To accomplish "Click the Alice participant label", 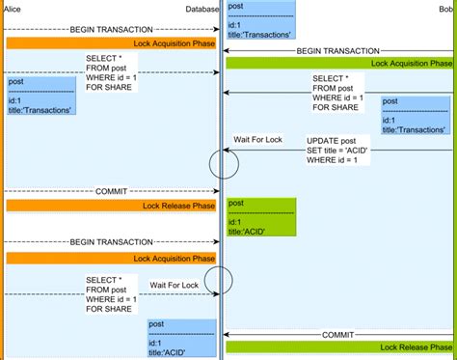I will pos(13,9).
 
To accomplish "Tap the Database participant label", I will pos(202,9).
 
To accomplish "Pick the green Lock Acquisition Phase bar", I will pos(339,63).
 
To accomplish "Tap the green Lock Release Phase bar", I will pos(339,346).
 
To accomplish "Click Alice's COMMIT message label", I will pos(111,191).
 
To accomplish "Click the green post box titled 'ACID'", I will pos(260,217).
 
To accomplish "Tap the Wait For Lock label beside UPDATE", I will pos(257,141).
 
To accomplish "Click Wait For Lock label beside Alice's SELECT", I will pos(174,285).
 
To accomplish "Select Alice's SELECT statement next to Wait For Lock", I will pos(111,293).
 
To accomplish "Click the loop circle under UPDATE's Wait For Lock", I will pos(224,164).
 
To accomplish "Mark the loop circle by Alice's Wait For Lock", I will pos(219,280).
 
